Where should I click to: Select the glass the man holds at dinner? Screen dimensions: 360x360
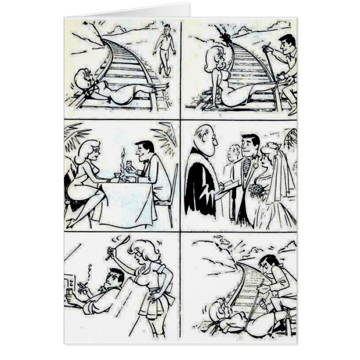(128, 166)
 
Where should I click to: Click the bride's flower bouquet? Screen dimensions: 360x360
(257, 192)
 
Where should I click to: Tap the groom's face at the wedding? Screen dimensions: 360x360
(251, 146)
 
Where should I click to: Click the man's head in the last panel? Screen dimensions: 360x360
(269, 262)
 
